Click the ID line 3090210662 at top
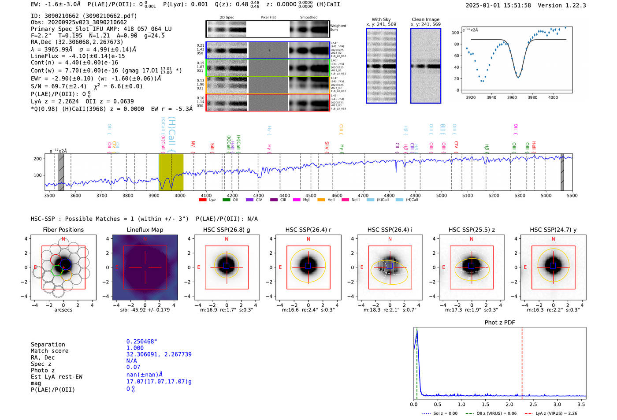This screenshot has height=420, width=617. coord(84,16)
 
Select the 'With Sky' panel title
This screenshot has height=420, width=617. coord(381,19)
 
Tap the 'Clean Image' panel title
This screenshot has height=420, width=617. coord(425,19)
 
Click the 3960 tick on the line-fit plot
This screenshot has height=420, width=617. coord(512,97)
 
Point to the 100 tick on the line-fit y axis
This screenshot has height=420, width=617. coord(455,33)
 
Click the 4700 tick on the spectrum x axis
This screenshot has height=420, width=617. coord(363,196)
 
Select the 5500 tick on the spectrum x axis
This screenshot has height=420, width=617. coord(572,196)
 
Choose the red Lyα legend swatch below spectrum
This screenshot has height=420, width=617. coord(203,200)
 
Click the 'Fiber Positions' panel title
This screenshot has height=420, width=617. coord(63,230)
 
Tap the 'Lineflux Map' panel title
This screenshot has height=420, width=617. coord(145,230)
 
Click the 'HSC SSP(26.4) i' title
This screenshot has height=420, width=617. coord(390,230)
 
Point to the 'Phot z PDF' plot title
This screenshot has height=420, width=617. coord(499,323)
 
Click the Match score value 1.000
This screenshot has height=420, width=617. coord(135,348)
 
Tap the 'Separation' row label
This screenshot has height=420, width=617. coord(48,345)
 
